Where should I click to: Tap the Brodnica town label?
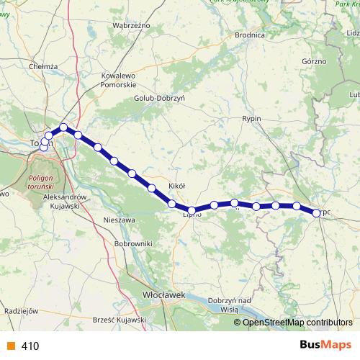coord(251,34)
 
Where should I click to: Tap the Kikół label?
coord(176,186)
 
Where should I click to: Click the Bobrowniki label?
coord(133,244)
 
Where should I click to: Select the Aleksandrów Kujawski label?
coord(66,202)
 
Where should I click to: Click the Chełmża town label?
coord(42,66)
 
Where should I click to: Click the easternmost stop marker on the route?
coord(316,212)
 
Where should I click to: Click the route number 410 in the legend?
coord(30,346)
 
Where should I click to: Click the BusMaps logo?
coord(326,346)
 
